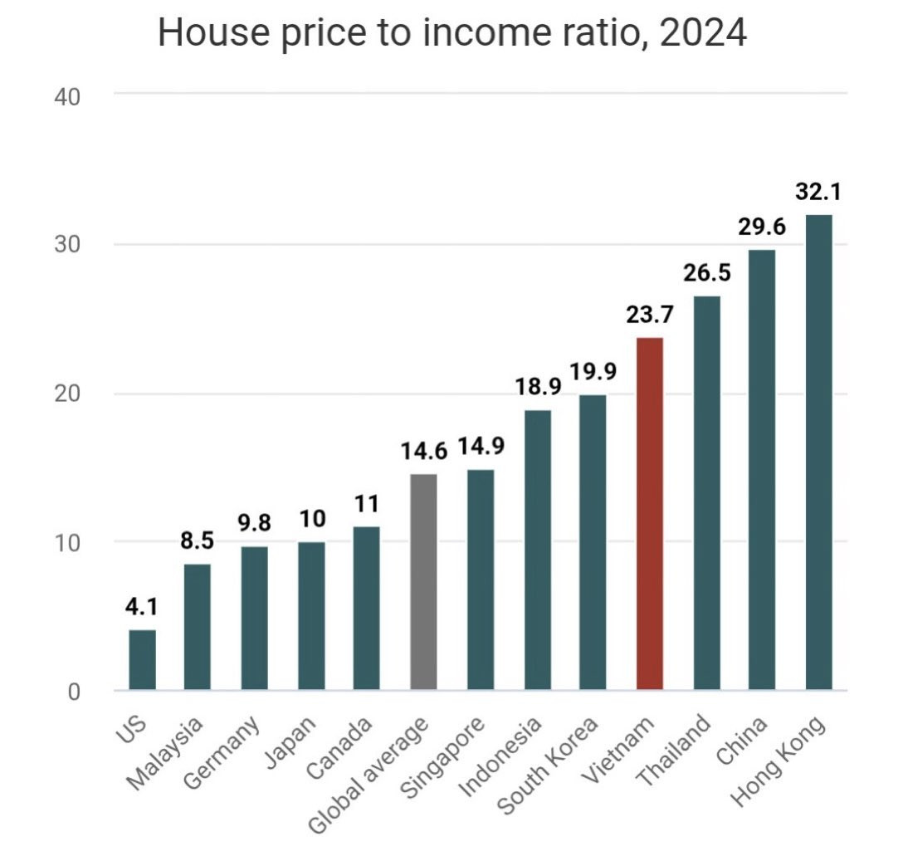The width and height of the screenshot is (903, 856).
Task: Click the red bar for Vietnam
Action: pyautogui.click(x=650, y=513)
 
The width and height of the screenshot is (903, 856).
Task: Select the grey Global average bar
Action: pyautogui.click(x=423, y=582)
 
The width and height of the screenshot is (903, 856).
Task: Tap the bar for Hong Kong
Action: pyautogui.click(x=818, y=452)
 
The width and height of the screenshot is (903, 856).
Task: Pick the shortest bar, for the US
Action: pyautogui.click(x=142, y=659)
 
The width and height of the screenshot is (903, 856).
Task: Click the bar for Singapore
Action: pyautogui.click(x=481, y=580)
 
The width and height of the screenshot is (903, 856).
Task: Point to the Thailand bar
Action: pyautogui.click(x=706, y=492)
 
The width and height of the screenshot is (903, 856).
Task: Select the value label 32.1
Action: pyautogui.click(x=818, y=192)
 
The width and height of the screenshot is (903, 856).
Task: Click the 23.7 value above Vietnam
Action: pyautogui.click(x=650, y=315)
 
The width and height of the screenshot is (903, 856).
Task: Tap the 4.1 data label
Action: pyautogui.click(x=141, y=607)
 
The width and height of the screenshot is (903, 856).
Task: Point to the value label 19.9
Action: pyautogui.click(x=593, y=372)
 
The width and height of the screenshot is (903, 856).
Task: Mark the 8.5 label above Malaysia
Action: pyautogui.click(x=197, y=541)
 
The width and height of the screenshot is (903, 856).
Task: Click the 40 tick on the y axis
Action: pyautogui.click(x=67, y=97)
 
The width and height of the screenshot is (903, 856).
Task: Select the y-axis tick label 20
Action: pyautogui.click(x=67, y=394)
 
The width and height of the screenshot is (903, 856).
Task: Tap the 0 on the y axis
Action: pyautogui.click(x=74, y=692)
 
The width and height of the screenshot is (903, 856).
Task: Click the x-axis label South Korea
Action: pyautogui.click(x=548, y=766)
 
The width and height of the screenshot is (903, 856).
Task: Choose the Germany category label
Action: pyautogui.click(x=222, y=752)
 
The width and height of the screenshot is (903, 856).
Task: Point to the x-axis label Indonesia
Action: pyautogui.click(x=500, y=756)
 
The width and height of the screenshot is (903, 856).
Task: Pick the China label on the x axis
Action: pyautogui.click(x=742, y=741)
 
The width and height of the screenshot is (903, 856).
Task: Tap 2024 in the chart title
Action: pyautogui.click(x=703, y=32)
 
